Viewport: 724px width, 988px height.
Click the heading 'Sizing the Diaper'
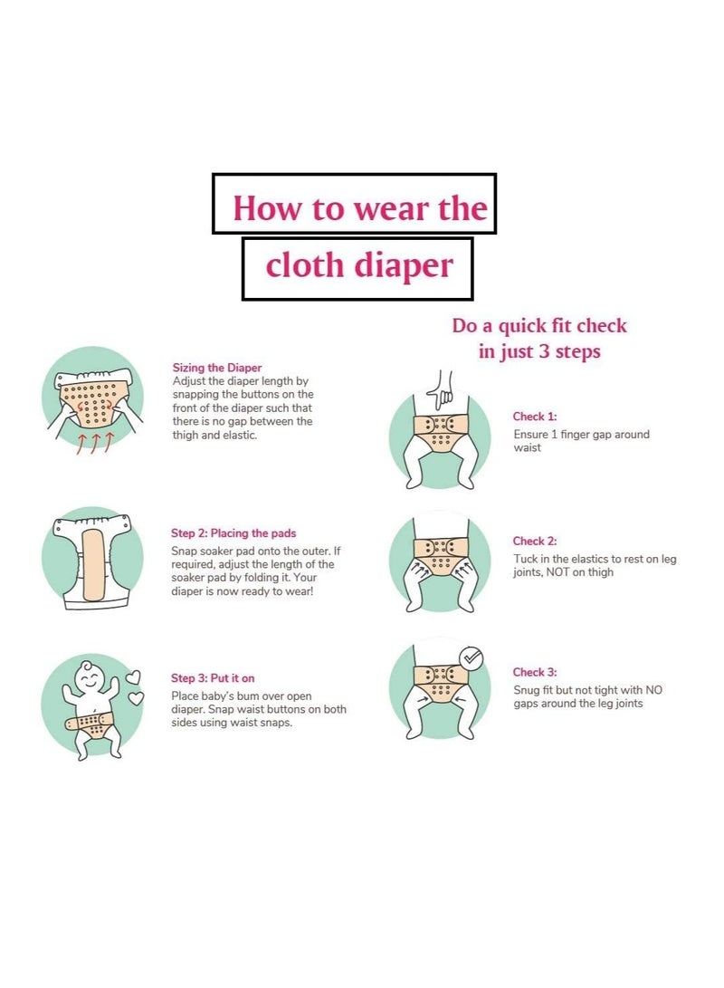click(217, 368)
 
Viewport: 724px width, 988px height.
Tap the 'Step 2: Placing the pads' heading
click(233, 533)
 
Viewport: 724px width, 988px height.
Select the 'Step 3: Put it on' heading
click(213, 677)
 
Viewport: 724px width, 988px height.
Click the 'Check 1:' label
click(535, 417)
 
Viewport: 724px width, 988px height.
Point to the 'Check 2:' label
click(535, 542)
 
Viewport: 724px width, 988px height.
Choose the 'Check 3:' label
click(535, 673)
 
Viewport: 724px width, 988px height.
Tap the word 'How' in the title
click(268, 208)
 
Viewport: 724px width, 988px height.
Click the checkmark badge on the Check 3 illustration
click(472, 658)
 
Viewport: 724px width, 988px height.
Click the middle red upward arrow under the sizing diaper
click(95, 442)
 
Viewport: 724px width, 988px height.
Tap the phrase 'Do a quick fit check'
click(539, 326)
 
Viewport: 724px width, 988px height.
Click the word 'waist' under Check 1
click(528, 448)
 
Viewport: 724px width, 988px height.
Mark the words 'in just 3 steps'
click(539, 351)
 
